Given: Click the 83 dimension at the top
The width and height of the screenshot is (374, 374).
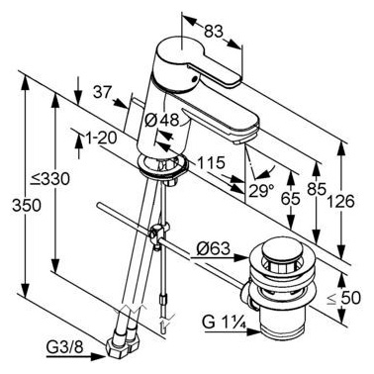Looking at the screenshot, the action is click(213, 32).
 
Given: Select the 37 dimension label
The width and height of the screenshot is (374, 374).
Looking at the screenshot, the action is click(102, 92).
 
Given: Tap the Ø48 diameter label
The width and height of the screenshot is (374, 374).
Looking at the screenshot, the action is click(162, 120).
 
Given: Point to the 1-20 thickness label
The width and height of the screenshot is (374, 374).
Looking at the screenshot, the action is click(101, 139).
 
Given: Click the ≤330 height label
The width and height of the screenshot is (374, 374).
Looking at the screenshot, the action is click(50, 179).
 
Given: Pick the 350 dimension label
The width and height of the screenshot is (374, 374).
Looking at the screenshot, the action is click(27, 206).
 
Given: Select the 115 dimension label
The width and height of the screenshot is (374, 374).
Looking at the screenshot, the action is click(211, 162).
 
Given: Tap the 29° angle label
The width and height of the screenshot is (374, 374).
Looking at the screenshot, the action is click(261, 190).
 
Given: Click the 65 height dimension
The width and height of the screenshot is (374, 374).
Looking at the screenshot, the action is click(291, 199).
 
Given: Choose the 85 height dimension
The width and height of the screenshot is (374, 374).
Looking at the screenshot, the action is click(317, 189).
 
